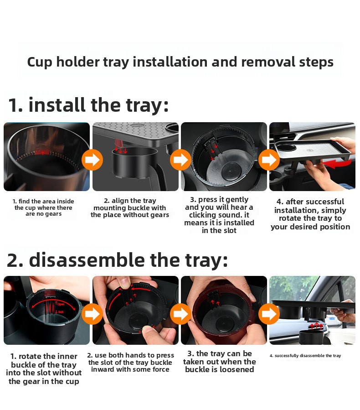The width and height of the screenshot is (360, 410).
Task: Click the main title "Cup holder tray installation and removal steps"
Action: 180,62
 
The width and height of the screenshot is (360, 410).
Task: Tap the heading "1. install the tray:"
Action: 88,105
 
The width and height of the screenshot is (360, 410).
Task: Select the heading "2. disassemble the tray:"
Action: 117,260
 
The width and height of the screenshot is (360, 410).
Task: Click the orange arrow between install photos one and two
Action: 92,160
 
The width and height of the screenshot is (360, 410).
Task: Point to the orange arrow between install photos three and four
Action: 269,160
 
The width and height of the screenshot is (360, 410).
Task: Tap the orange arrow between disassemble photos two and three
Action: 180,313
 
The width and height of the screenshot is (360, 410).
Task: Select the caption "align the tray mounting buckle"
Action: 130,208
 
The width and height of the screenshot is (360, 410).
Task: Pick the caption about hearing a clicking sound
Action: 219,215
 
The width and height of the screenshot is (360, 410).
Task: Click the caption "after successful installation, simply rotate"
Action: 310,214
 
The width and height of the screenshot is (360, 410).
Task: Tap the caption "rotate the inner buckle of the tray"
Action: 44,368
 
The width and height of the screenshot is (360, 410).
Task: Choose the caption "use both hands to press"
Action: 130,363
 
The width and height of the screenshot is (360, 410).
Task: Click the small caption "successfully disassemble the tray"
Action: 305,356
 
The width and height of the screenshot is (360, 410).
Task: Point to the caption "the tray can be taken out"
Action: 219,362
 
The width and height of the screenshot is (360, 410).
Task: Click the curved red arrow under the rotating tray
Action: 337,164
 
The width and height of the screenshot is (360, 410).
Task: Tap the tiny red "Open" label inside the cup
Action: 60,304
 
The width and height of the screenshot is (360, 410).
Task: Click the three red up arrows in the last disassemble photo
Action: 316,326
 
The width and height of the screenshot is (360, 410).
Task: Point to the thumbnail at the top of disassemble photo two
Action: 125,282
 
